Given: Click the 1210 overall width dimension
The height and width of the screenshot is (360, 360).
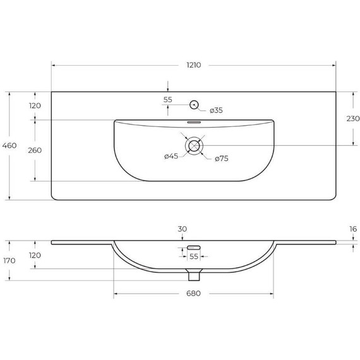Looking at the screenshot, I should pos(193,65).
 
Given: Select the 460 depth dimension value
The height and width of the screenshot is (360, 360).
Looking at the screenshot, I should pos(9,146).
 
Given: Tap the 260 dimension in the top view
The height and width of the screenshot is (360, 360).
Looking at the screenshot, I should pos(35,150).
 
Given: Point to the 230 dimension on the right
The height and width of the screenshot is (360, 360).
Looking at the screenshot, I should pos(352,118).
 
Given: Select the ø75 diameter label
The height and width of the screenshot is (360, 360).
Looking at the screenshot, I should pos(220,159).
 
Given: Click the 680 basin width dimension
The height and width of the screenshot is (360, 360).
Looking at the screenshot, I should pos(193,294).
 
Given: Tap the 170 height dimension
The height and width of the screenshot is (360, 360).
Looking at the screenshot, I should pos(9,260).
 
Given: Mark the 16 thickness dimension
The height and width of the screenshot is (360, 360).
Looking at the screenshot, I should pos(352,230).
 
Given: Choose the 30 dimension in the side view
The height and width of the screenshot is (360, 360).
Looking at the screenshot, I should pos(183,230).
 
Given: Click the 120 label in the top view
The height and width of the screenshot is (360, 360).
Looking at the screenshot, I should pos(35,105).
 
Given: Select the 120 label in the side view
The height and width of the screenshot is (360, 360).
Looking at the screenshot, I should pos(35,255).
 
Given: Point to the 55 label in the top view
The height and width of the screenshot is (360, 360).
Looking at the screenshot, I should pos(167,100).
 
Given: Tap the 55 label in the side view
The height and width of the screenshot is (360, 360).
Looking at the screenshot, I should pos(194,257).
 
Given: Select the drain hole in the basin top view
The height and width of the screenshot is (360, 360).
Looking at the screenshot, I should pos(194,145).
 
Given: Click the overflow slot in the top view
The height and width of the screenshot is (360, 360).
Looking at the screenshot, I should pos(194,122).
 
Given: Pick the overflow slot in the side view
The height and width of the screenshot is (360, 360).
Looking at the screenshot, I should pos(194,246).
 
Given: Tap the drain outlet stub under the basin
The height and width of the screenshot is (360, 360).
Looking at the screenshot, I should pos(194,274).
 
